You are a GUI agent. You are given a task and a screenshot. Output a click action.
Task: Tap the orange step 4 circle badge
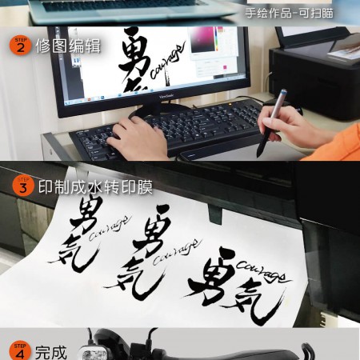[x=20, y=350]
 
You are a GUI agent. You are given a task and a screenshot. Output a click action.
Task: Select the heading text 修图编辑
[x=68, y=46]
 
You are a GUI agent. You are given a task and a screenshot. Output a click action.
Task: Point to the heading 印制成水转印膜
[x=94, y=187]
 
